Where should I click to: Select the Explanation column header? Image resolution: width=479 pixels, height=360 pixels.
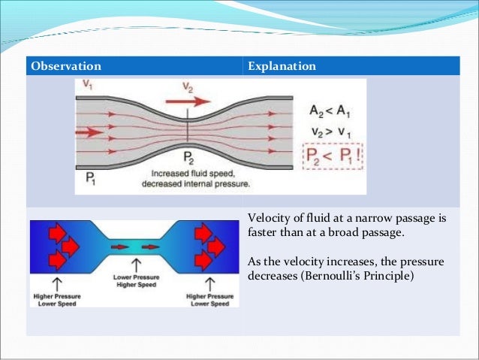[282, 66]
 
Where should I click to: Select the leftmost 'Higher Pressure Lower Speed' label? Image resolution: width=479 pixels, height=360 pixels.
[58, 299]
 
